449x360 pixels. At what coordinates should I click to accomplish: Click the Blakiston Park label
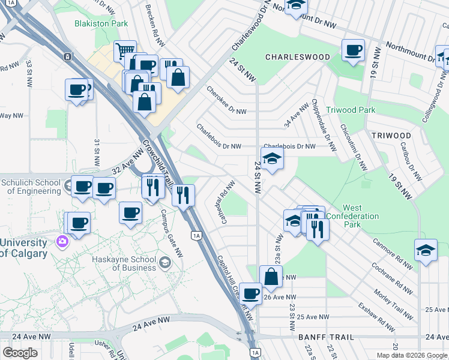coord(101,23)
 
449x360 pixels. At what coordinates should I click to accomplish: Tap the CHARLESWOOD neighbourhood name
coord(298,57)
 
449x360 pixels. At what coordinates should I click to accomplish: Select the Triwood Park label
coord(351,110)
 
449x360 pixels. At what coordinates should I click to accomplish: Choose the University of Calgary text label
coord(23,248)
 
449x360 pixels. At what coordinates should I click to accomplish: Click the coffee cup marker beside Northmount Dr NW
coord(353,49)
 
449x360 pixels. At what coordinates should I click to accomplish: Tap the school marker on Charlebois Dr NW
coord(272,158)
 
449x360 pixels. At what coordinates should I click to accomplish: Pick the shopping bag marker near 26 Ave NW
coord(271,276)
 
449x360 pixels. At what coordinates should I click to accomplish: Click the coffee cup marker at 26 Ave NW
coord(250,293)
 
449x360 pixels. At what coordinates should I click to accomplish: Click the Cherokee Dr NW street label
coord(226,101)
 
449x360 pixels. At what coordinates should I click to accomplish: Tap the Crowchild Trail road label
coord(160,162)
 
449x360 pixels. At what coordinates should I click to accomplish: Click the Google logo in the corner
coord(20,353)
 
